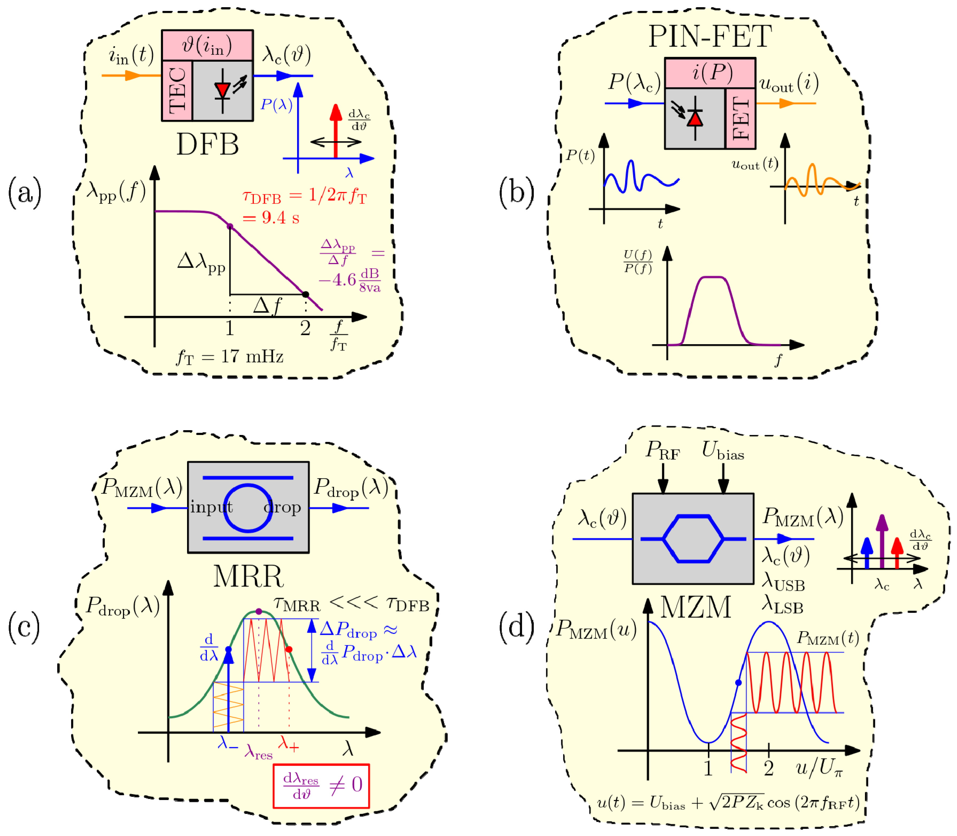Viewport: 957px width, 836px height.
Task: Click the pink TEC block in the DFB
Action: pyautogui.click(x=177, y=91)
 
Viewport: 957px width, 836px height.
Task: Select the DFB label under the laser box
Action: pyautogui.click(x=208, y=145)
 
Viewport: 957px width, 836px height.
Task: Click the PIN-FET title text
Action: pyautogui.click(x=710, y=36)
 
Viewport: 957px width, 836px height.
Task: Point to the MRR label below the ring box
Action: pyautogui.click(x=248, y=577)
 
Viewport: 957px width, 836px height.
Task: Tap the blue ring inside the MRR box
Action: pyautogui.click(x=248, y=508)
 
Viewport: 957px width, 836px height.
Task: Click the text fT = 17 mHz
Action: pyautogui.click(x=230, y=357)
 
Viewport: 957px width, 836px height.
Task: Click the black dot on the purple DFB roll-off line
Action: pyautogui.click(x=306, y=294)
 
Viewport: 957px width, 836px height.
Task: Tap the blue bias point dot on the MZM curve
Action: pyautogui.click(x=738, y=683)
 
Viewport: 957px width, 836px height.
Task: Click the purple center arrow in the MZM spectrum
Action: pyautogui.click(x=881, y=541)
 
